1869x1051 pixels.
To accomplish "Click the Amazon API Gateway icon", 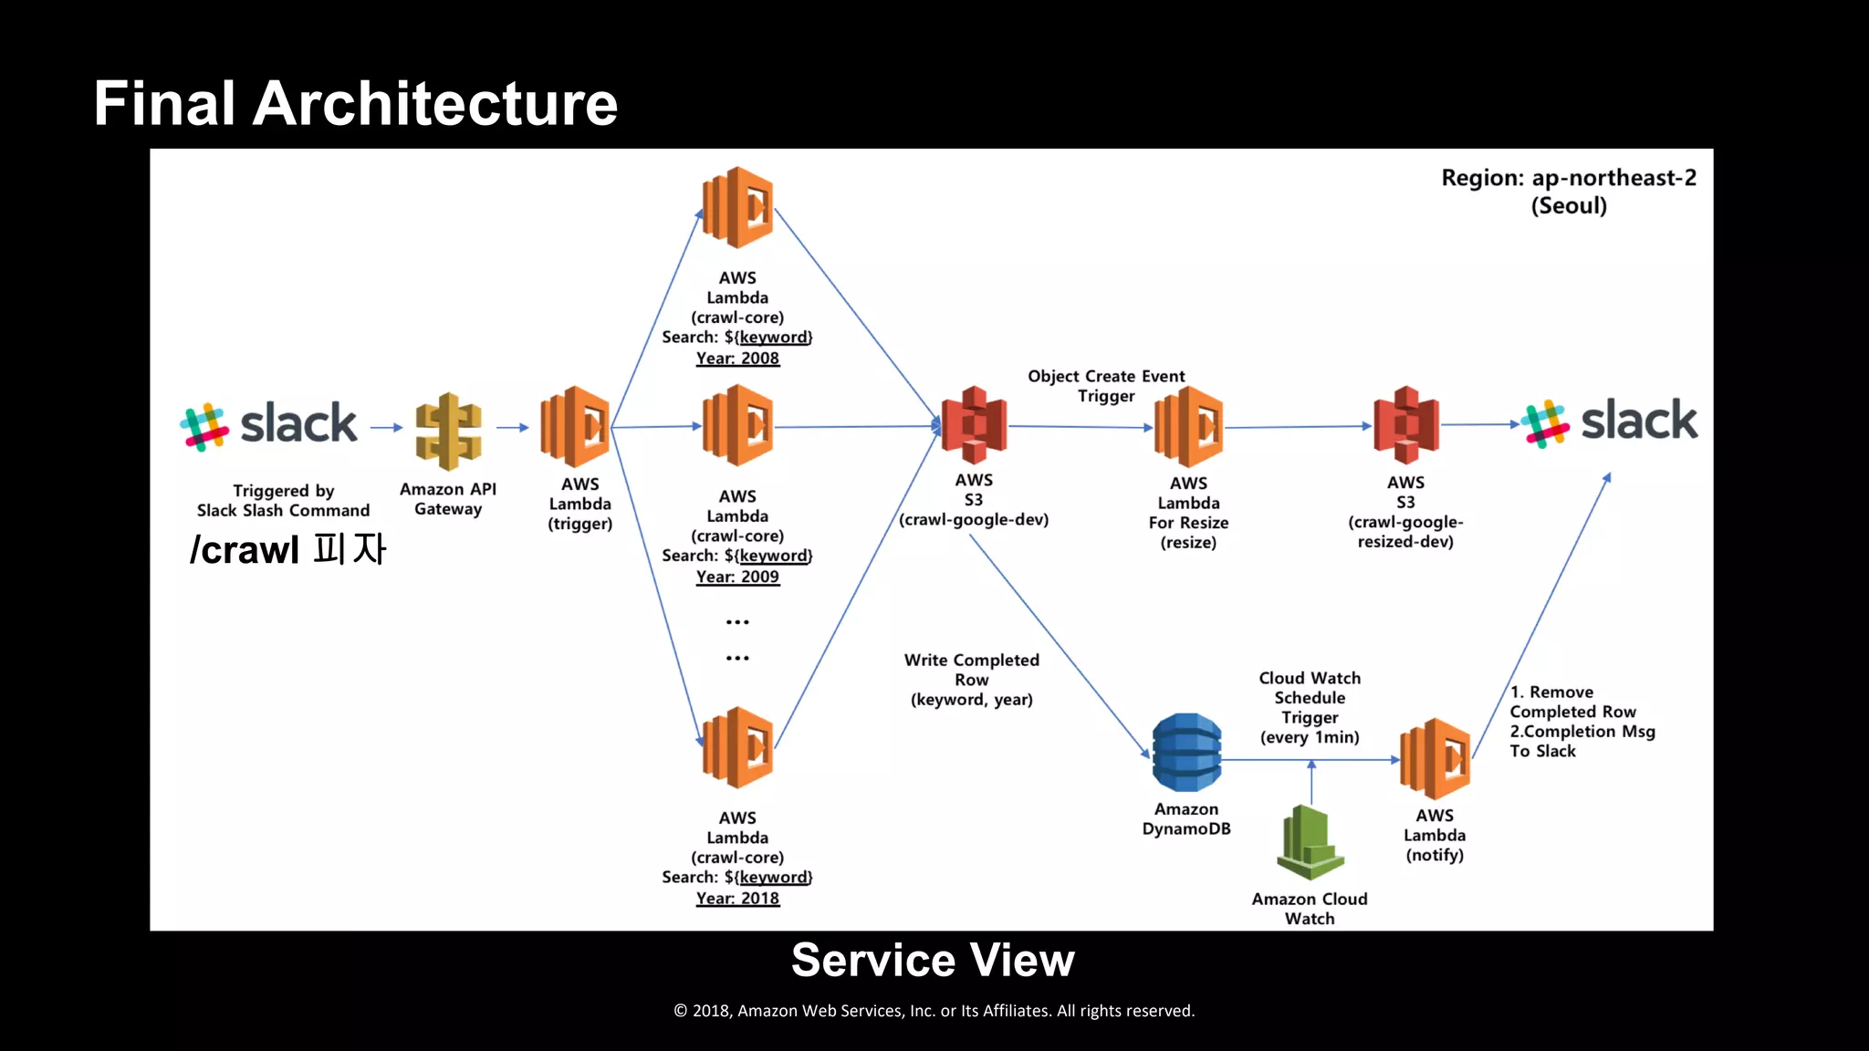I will coord(448,430).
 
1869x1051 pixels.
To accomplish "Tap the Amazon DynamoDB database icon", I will coord(1186,753).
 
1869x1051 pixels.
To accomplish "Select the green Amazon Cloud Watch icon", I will coord(1310,841).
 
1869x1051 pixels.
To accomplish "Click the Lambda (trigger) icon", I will coord(575,426).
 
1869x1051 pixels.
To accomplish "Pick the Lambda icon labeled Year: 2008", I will coord(737,207).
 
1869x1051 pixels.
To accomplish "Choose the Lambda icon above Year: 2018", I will coord(737,747).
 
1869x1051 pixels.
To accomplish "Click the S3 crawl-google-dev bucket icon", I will coord(974,424).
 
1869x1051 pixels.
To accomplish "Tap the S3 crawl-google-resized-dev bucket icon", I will coord(1405,424).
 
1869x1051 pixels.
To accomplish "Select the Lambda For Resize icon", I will coord(1188,426).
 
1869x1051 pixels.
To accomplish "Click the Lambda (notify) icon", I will coord(1435,758).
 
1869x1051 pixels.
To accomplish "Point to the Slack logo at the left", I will coord(269,425).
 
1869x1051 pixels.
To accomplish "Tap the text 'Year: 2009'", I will coord(737,577).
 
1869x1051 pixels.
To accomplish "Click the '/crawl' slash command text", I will coord(245,550).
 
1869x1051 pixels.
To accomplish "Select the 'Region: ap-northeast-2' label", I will coord(1568,178).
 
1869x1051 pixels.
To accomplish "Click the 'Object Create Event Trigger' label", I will coord(1106,386).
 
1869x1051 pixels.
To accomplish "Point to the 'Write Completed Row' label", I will coord(971,670).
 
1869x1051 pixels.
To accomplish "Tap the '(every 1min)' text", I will coord(1310,737).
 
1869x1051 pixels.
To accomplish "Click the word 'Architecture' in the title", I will coord(435,103).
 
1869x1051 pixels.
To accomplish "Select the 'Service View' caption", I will coord(933,960).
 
